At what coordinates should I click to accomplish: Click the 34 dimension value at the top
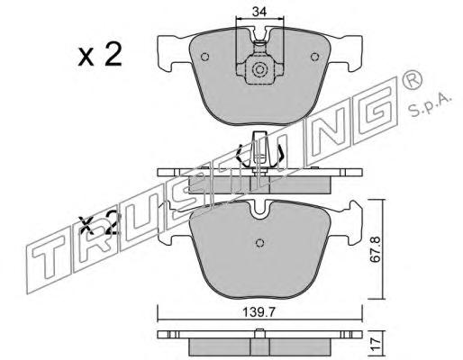tap(259, 12)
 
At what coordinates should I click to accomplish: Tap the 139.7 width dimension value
tap(259, 313)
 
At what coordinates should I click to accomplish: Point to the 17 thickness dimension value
tap(376, 343)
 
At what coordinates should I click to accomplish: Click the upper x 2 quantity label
tap(100, 55)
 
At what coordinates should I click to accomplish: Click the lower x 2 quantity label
tap(98, 223)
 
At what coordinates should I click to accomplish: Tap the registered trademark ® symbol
tap(412, 78)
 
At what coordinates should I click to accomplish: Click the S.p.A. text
tap(430, 106)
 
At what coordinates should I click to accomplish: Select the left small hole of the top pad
tap(205, 57)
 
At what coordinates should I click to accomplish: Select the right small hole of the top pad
tap(314, 57)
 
